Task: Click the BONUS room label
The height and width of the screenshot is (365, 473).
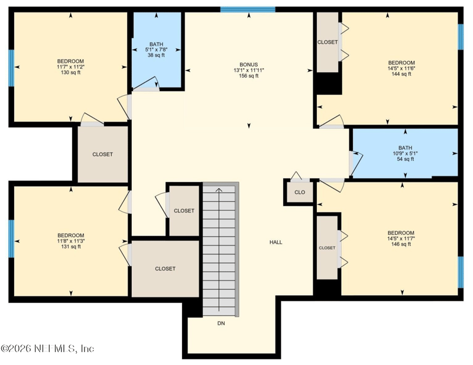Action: pos(248,64)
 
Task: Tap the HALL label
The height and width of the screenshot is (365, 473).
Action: pos(276,242)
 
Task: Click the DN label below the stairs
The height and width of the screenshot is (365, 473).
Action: pos(221,324)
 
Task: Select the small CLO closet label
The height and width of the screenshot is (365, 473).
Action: pos(300,192)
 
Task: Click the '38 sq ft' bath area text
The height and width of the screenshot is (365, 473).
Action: pos(156,56)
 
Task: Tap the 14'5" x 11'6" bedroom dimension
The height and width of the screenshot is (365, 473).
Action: pos(401,68)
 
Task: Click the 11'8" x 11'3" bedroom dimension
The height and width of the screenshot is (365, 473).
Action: pos(70,241)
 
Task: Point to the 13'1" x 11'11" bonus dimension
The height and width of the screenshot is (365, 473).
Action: pos(248,70)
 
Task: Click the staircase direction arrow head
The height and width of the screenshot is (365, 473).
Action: pos(219,190)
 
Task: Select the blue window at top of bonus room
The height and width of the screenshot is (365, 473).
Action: pos(248,9)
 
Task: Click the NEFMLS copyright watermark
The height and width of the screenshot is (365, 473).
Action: pos(47,348)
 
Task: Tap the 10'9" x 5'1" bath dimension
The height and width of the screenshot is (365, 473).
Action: pos(405,154)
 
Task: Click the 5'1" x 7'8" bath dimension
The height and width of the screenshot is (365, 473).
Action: pos(156,50)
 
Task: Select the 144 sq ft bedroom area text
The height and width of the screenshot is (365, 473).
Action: pos(401,74)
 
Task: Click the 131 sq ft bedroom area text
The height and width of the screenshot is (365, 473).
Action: pos(70,247)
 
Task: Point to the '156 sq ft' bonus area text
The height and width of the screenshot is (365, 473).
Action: pos(248,76)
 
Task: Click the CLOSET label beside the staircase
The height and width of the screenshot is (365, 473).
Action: pos(184,211)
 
